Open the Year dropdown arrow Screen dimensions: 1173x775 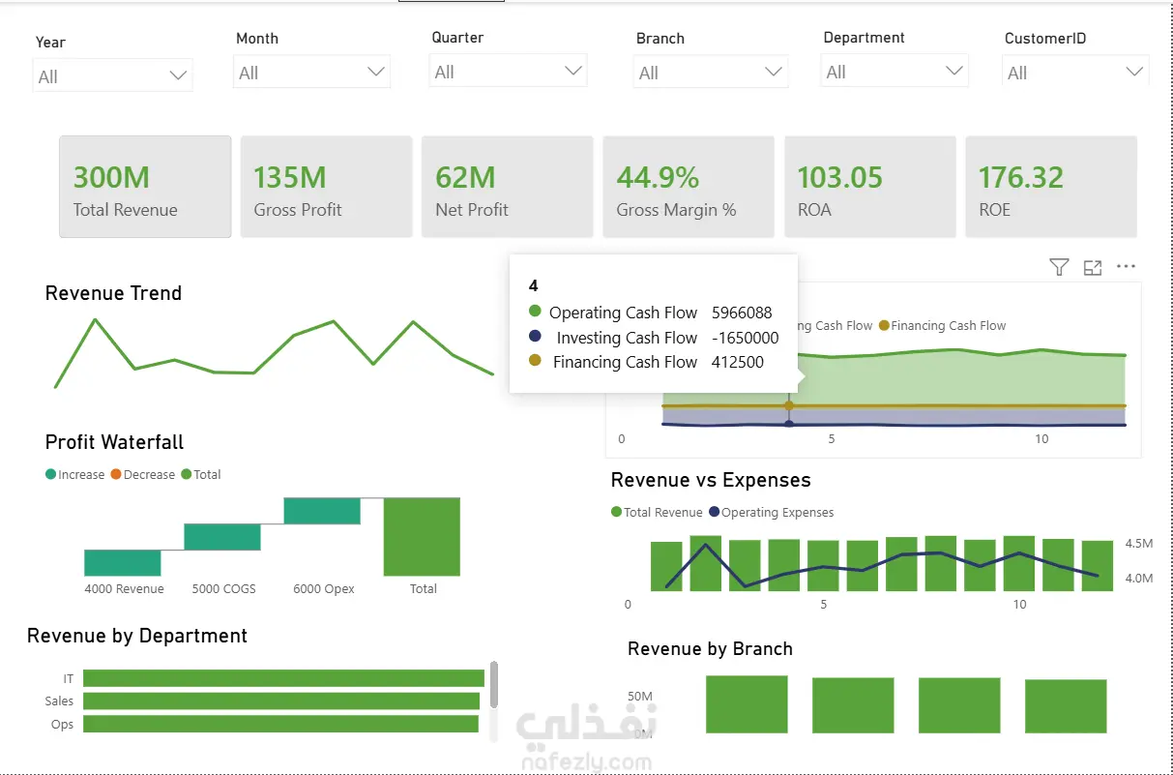[178, 75]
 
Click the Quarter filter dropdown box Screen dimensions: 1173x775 [508, 71]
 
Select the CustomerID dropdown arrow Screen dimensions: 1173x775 [1134, 72]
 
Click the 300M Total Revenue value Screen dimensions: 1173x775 [111, 177]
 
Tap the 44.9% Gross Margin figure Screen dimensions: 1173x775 [658, 177]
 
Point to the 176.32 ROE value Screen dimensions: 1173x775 [1020, 177]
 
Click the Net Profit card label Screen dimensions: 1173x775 [472, 210]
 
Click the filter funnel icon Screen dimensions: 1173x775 [1059, 267]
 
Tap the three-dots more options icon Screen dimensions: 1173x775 [1126, 266]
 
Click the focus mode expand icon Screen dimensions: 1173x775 [1093, 268]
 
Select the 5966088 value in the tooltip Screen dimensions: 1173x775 [742, 313]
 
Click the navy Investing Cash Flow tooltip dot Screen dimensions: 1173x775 [535, 336]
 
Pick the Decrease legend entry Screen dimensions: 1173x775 [143, 474]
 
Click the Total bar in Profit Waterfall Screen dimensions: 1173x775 [422, 537]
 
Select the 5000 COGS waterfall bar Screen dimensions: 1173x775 [222, 537]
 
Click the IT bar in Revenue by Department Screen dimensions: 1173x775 [283, 678]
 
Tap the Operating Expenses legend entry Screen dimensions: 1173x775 [772, 512]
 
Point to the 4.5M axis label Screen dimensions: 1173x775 [1139, 544]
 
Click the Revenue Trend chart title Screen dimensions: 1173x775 [114, 293]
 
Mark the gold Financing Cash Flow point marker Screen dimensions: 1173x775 [789, 405]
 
